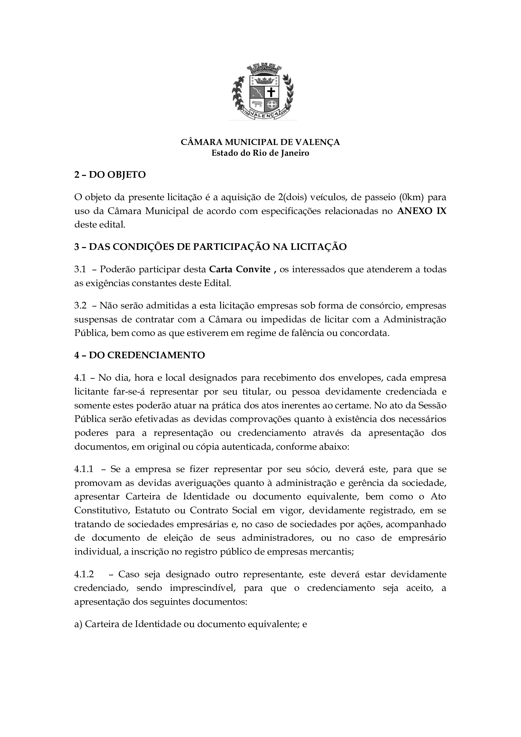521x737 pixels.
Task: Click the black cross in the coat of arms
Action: click(271, 92)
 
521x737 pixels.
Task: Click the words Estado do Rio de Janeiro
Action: click(260, 153)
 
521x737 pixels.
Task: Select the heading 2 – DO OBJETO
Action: click(110, 175)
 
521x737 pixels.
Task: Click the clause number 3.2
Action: click(80, 305)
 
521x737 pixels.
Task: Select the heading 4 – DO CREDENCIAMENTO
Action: click(140, 355)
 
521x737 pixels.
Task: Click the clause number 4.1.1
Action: click(84, 469)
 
